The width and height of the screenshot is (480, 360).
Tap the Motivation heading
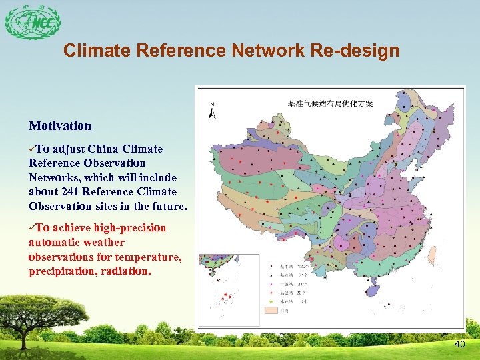[x=60, y=125]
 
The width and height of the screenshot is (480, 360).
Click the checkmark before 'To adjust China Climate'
[x=32, y=148]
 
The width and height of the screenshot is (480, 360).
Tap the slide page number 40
[x=459, y=344]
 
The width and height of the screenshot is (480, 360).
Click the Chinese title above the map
[x=330, y=103]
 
